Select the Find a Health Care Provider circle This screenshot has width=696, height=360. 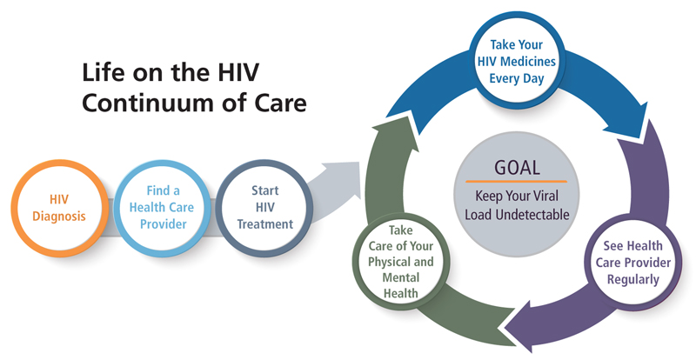(x=162, y=205)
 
